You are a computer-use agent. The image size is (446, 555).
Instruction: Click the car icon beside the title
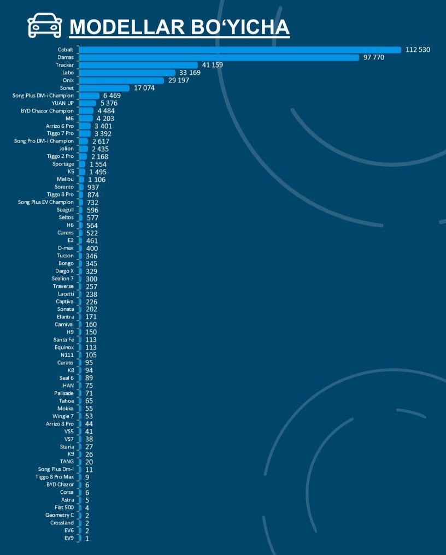pyautogui.click(x=45, y=25)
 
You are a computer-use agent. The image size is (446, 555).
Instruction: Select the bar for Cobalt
pyautogui.click(x=240, y=50)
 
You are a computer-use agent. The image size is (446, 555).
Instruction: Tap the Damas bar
pyautogui.click(x=219, y=57)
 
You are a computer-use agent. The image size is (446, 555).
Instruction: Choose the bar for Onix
pyautogui.click(x=121, y=80)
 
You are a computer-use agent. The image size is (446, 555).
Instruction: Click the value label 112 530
pyautogui.click(x=418, y=50)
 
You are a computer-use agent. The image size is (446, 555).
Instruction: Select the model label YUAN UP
pyautogui.click(x=62, y=103)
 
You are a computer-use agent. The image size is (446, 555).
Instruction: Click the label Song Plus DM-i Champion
pyautogui.click(x=43, y=96)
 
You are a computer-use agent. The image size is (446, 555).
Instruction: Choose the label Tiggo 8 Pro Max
pyautogui.click(x=55, y=477)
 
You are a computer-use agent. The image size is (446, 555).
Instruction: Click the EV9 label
pyautogui.click(x=68, y=538)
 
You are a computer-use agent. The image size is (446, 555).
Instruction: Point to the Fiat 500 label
pyautogui.click(x=64, y=507)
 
